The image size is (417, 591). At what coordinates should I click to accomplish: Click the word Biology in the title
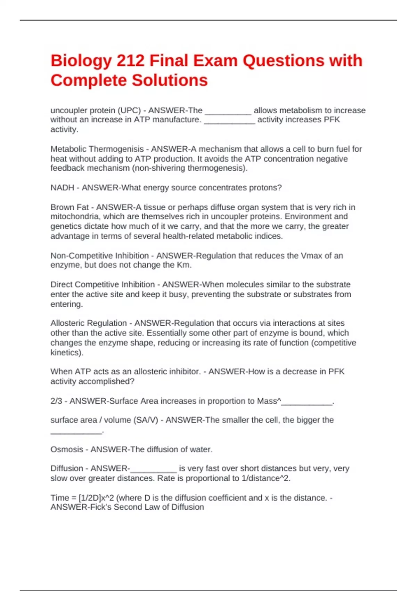[81, 61]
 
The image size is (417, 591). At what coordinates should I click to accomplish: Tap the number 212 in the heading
[130, 61]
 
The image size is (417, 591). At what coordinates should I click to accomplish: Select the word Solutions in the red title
[170, 80]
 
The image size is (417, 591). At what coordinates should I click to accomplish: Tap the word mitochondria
[75, 217]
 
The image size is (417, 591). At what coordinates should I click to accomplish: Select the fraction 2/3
[56, 401]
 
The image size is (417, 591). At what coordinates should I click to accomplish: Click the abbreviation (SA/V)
[146, 420]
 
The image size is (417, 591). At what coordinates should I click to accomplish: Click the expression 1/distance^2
[265, 478]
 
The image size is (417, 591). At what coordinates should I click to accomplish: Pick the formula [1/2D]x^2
[96, 498]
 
